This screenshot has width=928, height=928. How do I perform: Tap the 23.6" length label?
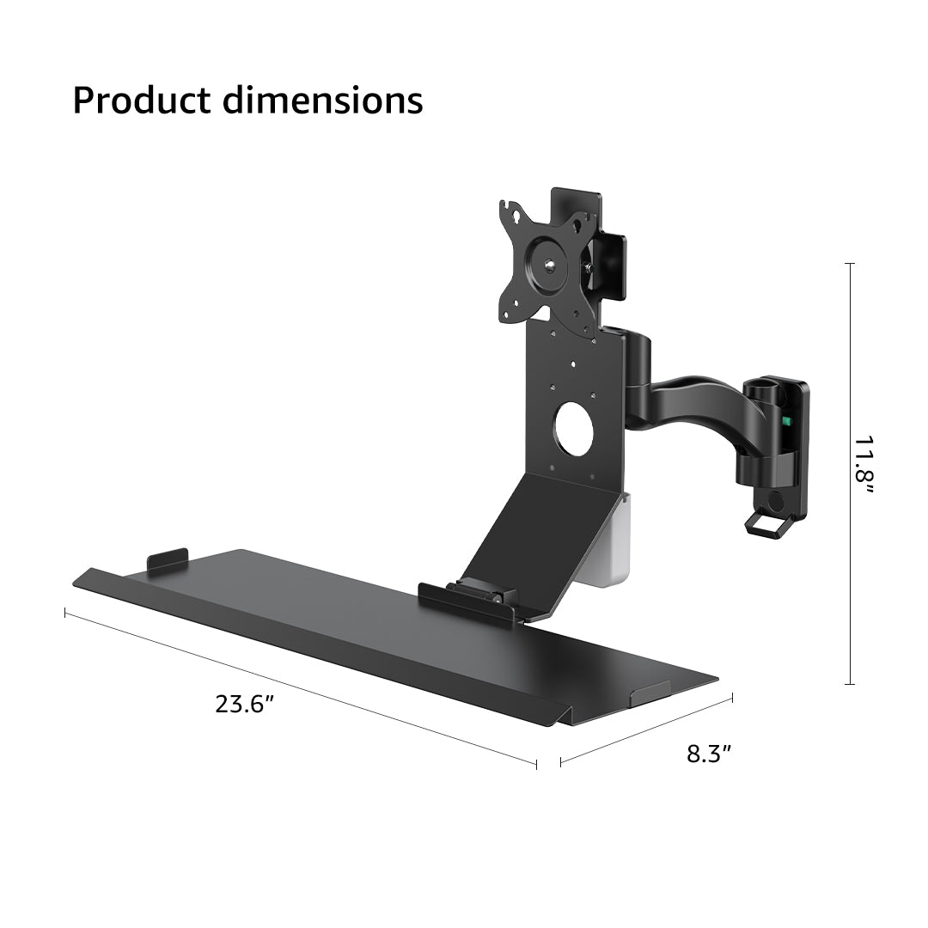coord(245,705)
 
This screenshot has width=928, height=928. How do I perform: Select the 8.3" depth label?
coord(709,754)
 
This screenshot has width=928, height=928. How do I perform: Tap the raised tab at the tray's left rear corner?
coord(168,559)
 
